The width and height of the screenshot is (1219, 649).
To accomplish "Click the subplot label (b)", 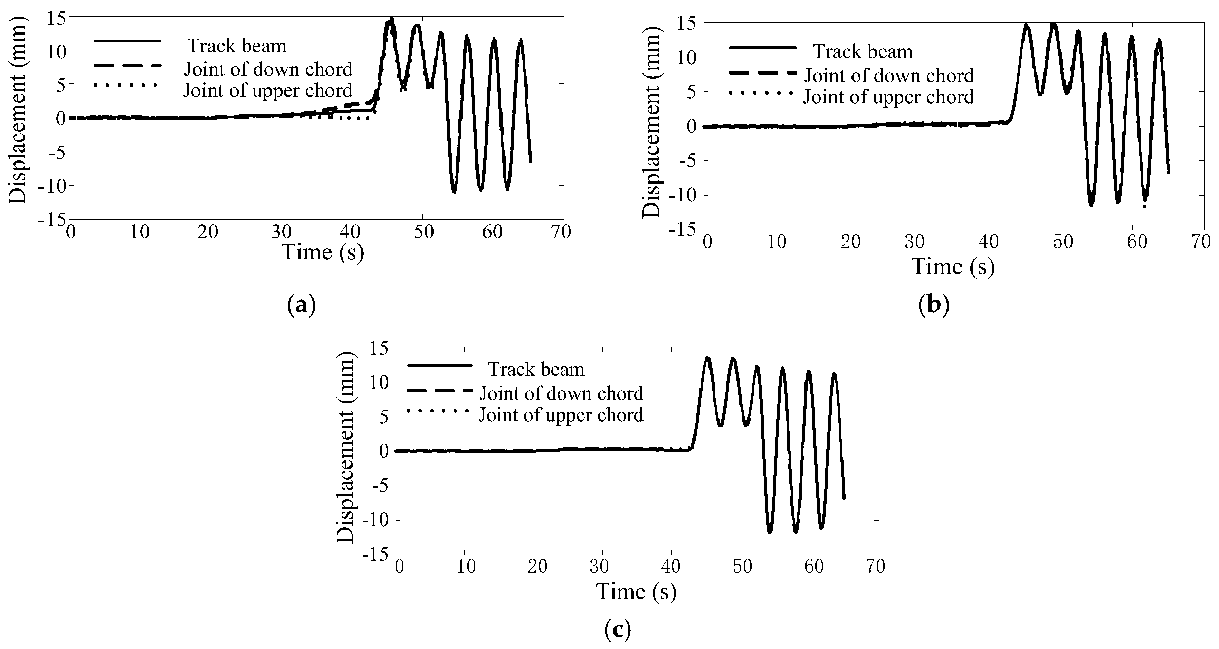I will coord(934,306).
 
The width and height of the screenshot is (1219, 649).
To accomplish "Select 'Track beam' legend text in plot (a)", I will coord(237,46).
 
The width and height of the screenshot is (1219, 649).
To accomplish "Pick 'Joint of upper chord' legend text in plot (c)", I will coord(561,415).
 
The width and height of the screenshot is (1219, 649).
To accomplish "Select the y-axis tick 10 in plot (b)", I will coord(687,58).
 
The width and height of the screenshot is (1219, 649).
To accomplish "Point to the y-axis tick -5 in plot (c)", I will coord(381,486).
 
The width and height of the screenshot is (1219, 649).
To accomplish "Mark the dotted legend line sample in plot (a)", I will coord(126,85).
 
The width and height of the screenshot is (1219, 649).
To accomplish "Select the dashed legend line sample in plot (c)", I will coord(440,391).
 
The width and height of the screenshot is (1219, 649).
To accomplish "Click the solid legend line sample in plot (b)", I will coord(762,48).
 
